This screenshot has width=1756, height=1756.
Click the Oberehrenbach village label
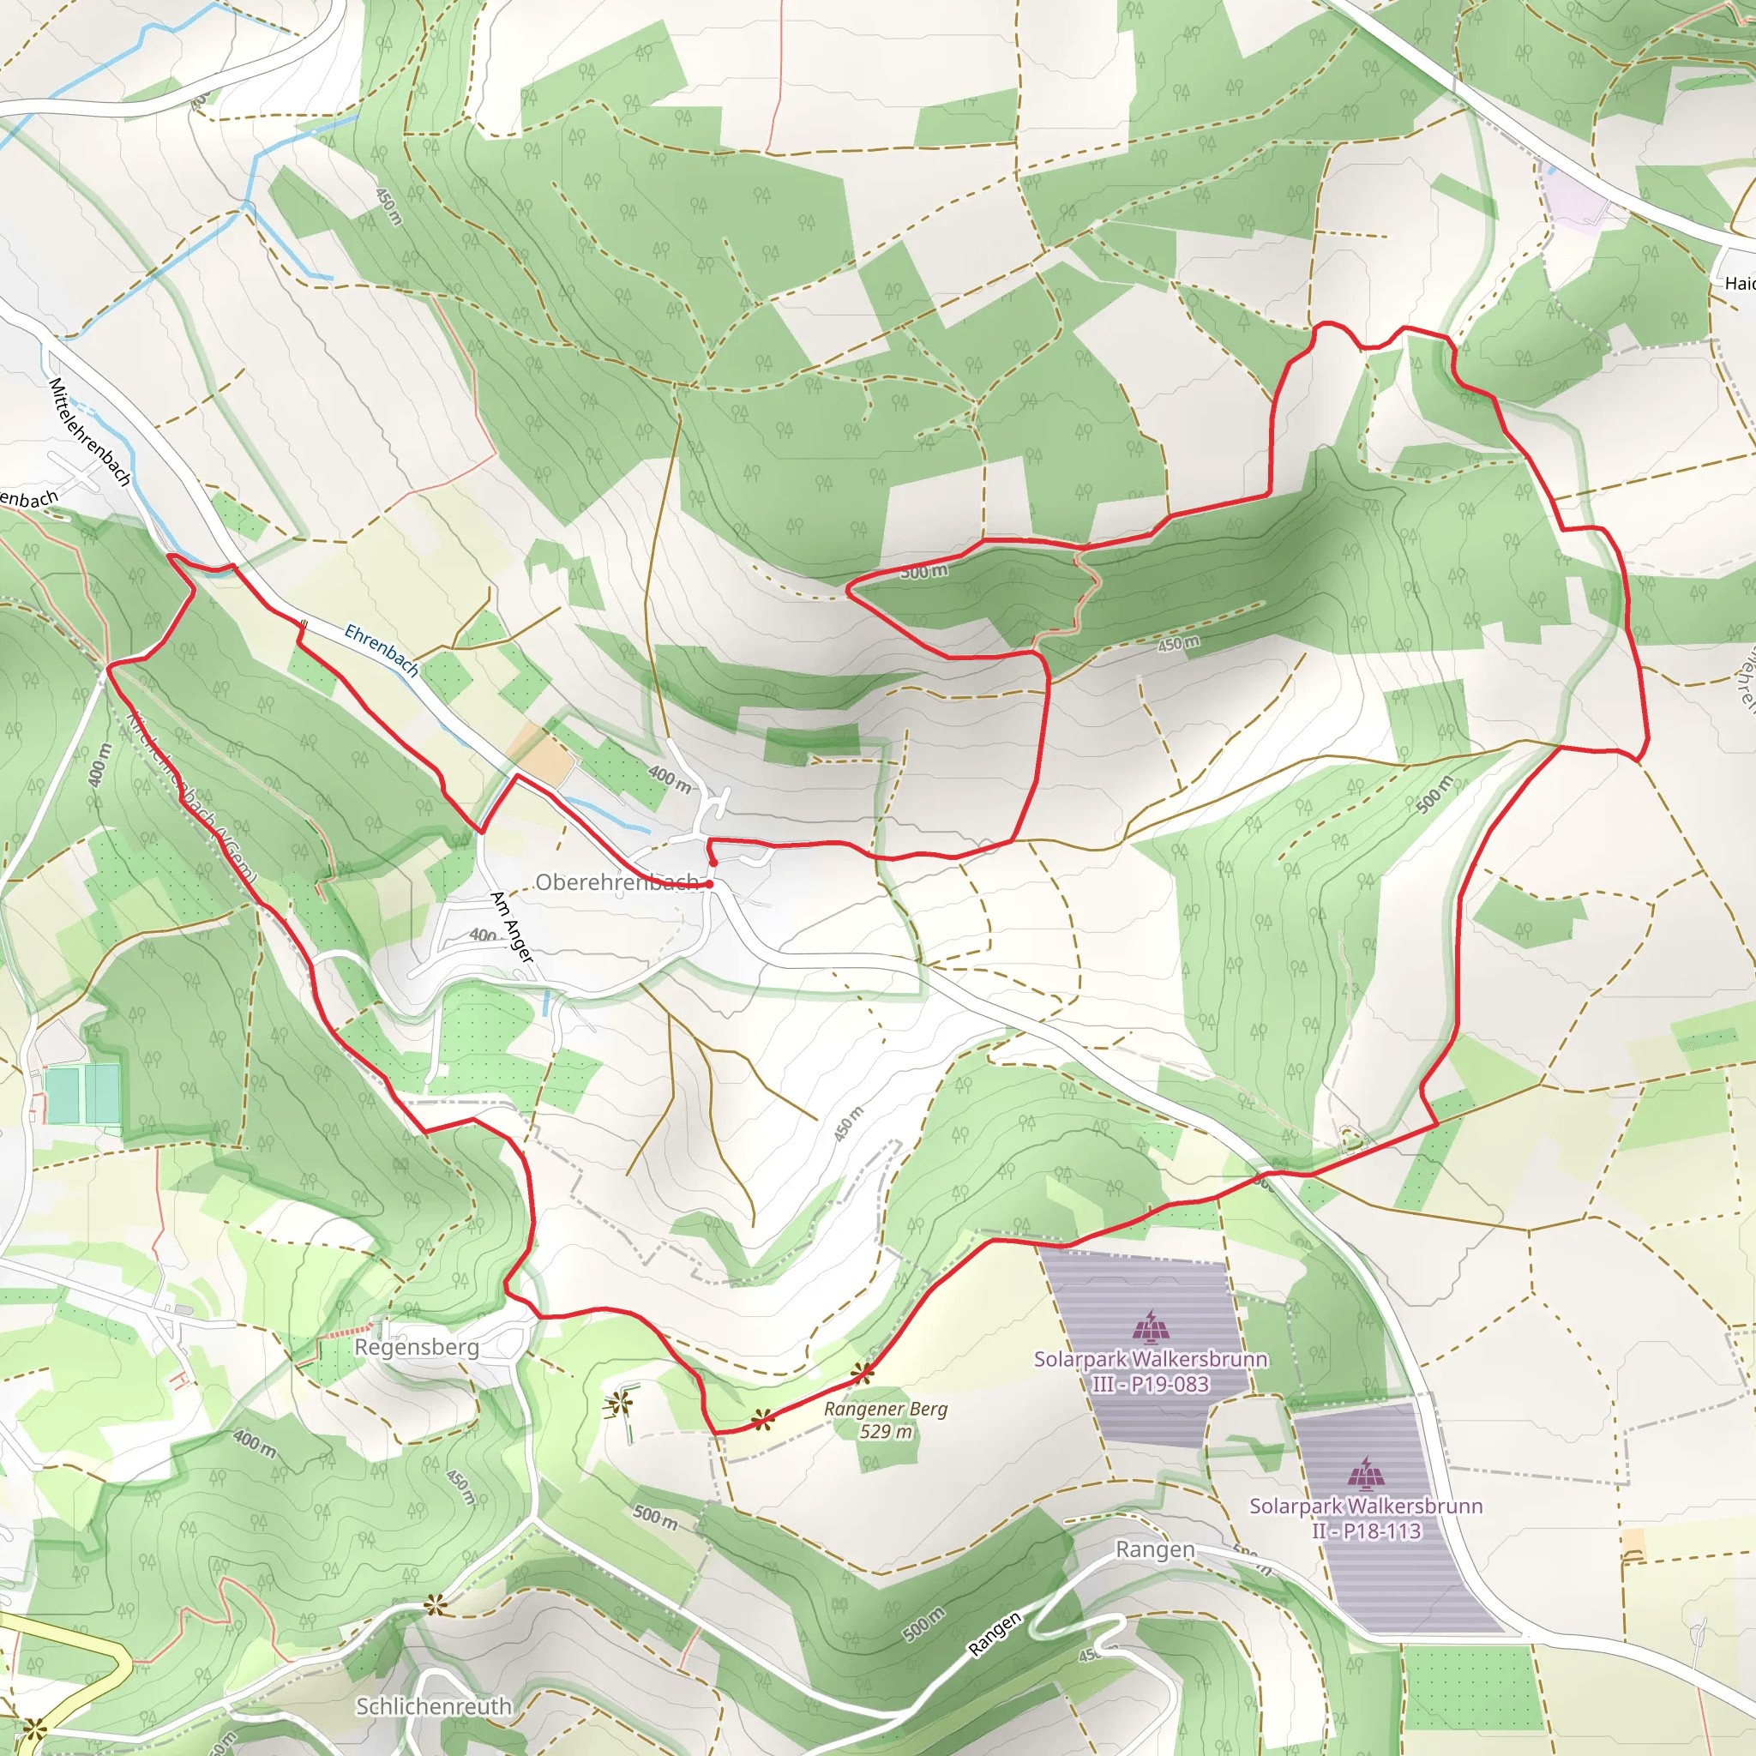(x=616, y=881)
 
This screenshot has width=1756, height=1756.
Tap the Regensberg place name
(x=416, y=1346)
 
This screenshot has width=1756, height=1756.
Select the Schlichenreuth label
(x=433, y=1706)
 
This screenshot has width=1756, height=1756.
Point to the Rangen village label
(x=1154, y=1549)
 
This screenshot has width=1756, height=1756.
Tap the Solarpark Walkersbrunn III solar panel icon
(x=1150, y=1327)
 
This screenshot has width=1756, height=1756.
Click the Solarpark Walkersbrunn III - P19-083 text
(x=1151, y=1372)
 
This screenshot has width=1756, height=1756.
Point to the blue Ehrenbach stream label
(x=382, y=650)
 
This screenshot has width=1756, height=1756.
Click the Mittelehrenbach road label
(x=89, y=432)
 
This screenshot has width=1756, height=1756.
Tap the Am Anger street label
(x=511, y=927)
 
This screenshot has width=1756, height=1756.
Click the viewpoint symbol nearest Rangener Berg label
(x=863, y=1373)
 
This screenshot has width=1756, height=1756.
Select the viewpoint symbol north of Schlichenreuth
(x=436, y=1605)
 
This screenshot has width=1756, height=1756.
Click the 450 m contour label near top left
(x=388, y=207)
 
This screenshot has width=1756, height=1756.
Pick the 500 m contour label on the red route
(x=923, y=572)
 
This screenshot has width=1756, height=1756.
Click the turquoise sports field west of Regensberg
(x=81, y=1095)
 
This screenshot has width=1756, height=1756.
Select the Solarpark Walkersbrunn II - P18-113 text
(x=1365, y=1518)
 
